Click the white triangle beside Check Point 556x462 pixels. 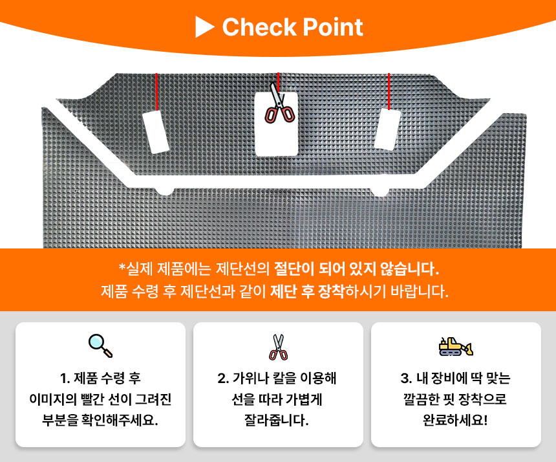coord(204,27)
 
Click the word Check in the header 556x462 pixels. coord(259,27)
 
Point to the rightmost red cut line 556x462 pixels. coord(389,91)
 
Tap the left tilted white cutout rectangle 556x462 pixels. coord(155,131)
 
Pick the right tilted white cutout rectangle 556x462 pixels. coord(387,129)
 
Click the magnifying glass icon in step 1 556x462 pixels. coord(100,346)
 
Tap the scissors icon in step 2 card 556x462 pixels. coord(279,347)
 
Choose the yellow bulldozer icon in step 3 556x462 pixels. coord(456,346)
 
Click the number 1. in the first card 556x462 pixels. coord(65,379)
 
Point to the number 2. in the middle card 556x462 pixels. coord(223,379)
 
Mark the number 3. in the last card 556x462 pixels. coord(407,379)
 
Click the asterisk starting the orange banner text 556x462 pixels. coord(122,267)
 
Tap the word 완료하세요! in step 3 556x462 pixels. coord(456,421)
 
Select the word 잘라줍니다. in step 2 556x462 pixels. coord(277,421)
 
